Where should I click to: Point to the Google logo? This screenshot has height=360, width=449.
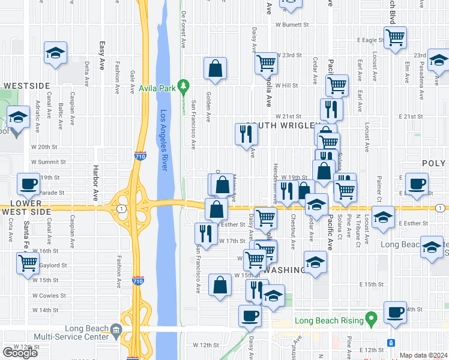pyautogui.click(x=20, y=353)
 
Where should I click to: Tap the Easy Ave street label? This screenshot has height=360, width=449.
pyautogui.click(x=102, y=47)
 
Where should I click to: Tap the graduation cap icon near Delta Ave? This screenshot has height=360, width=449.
pyautogui.click(x=55, y=53)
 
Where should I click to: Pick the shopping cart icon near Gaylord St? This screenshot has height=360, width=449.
pyautogui.click(x=28, y=263)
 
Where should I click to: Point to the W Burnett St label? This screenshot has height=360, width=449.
pyautogui.click(x=292, y=25)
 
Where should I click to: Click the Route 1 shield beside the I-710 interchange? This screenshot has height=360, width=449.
pyautogui.click(x=122, y=208)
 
